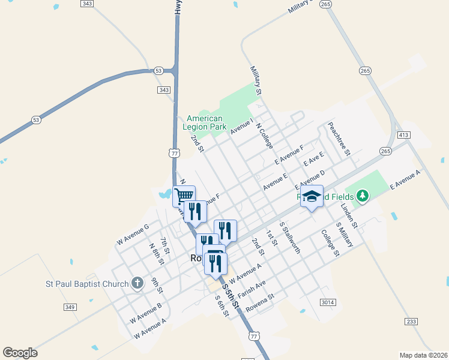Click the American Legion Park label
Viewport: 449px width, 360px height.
(x=205, y=122)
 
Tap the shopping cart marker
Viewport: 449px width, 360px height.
(x=184, y=195)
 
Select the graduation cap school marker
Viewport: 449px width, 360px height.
(x=312, y=196)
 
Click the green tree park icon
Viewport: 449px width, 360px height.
(x=362, y=196)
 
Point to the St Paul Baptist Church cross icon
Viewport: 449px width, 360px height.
(x=137, y=284)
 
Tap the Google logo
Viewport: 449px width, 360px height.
(x=20, y=353)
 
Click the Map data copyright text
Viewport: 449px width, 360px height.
(x=423, y=355)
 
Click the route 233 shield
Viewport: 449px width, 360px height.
(x=411, y=322)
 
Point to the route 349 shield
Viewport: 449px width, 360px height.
(x=70, y=307)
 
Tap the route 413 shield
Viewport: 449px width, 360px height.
(x=403, y=135)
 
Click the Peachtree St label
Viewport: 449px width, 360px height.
(x=339, y=139)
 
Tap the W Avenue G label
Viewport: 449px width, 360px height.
(x=133, y=230)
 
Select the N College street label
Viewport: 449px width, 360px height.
(x=264, y=136)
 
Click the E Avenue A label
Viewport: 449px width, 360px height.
(x=406, y=179)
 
